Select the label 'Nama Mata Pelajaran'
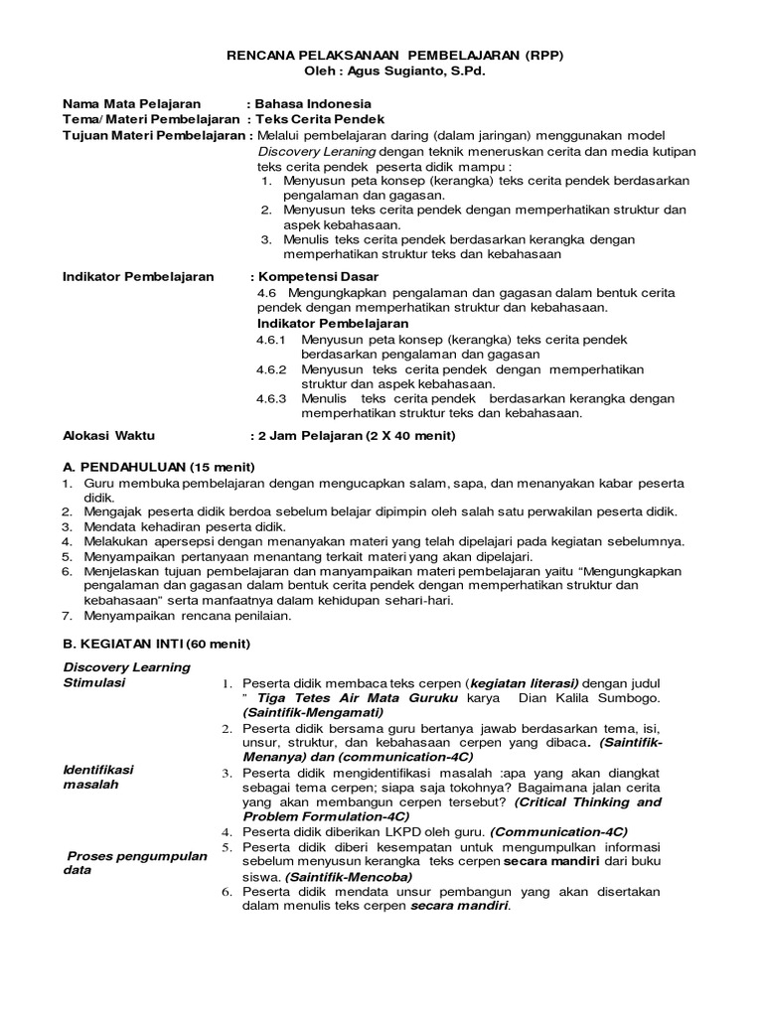pyautogui.click(x=131, y=103)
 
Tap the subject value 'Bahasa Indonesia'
pyautogui.click(x=314, y=103)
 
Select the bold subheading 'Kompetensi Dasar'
pyautogui.click(x=318, y=277)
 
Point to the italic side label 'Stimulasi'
pyautogui.click(x=94, y=684)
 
